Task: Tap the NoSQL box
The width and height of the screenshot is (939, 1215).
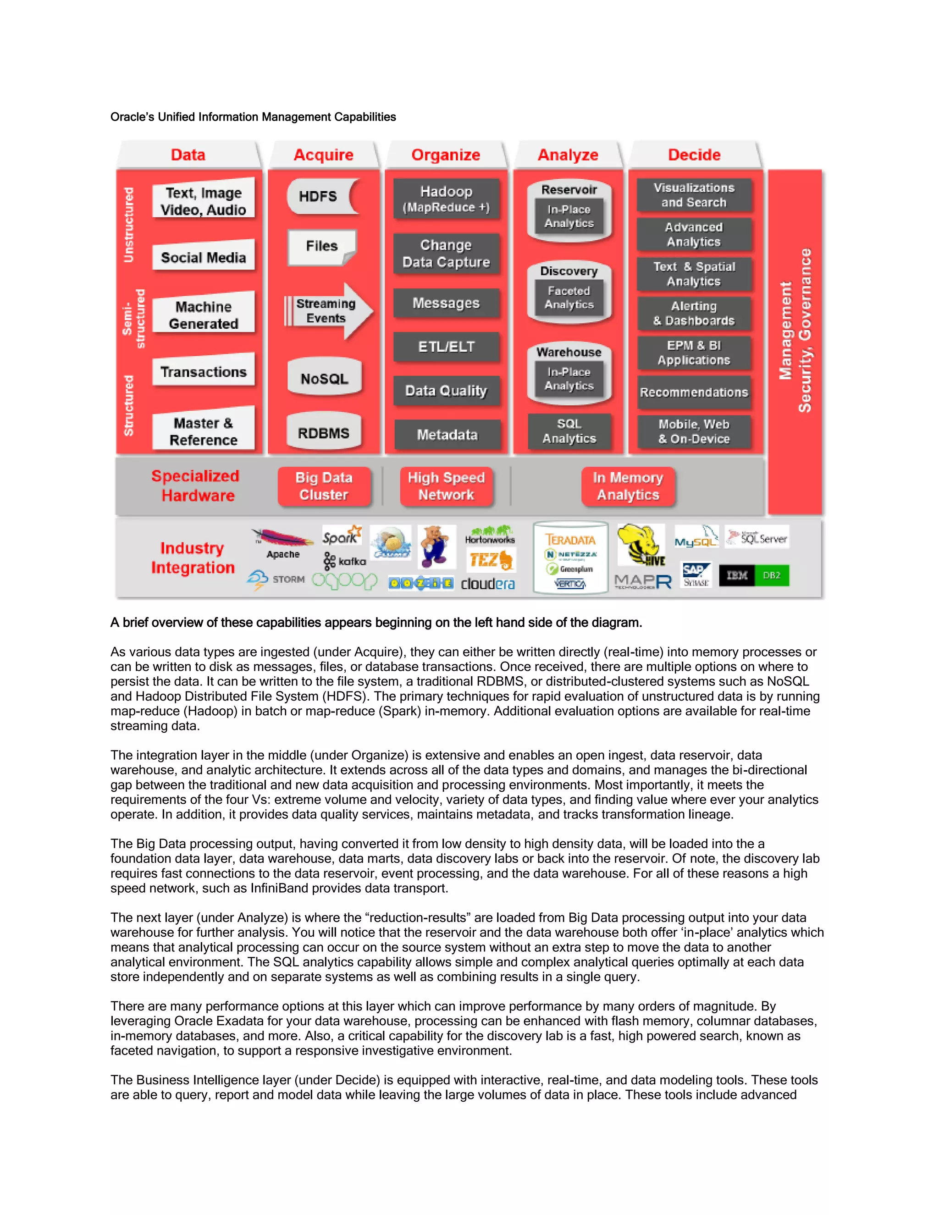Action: coord(324,379)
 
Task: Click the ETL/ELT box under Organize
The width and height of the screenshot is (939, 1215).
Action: coord(446,347)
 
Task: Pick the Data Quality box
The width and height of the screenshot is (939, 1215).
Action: coord(446,391)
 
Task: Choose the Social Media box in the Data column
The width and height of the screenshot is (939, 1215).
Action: coord(203,258)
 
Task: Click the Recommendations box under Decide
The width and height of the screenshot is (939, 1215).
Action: coord(694,392)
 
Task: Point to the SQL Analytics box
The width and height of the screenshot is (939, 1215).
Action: coord(569,431)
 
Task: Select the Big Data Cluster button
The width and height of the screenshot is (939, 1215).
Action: coord(324,486)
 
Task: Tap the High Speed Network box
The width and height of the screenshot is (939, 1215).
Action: coord(446,486)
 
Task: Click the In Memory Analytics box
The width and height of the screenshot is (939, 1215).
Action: coord(628,486)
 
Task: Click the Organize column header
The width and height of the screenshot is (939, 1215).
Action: coord(446,155)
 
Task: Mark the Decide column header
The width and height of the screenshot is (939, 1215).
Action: coord(694,155)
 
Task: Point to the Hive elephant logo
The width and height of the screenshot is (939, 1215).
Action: coord(641,545)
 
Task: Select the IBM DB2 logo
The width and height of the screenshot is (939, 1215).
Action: coord(754,575)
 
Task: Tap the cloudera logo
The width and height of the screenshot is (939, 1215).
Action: coord(488,584)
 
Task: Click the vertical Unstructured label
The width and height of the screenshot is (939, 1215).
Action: coord(128,225)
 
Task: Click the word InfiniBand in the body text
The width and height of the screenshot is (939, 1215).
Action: coord(279,889)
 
